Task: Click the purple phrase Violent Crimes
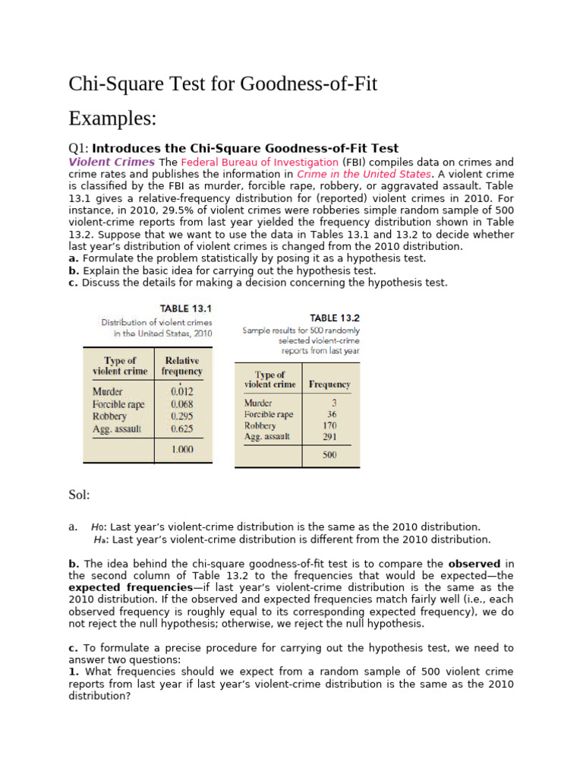(112, 162)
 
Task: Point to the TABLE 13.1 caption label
(185, 308)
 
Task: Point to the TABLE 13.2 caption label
(335, 318)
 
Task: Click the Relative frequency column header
(182, 365)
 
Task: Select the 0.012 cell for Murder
(182, 392)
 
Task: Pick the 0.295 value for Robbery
(182, 416)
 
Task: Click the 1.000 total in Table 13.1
(182, 449)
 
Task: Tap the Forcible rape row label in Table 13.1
(118, 404)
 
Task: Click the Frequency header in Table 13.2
(329, 384)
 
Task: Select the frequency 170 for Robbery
(329, 426)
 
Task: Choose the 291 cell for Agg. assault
(329, 437)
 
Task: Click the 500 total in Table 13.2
(329, 455)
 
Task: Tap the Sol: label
(80, 495)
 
